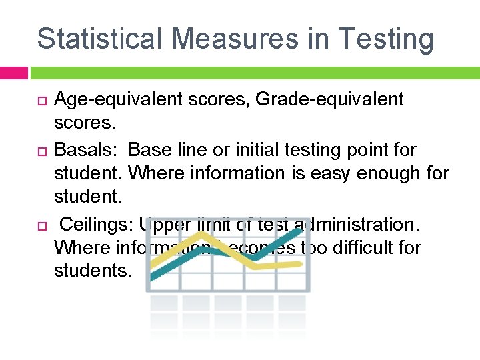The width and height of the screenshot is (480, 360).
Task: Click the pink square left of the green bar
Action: (13, 73)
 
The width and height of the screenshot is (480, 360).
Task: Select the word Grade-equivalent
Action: (329, 99)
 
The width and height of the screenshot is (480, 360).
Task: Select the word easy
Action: (331, 173)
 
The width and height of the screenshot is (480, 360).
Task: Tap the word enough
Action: (394, 173)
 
